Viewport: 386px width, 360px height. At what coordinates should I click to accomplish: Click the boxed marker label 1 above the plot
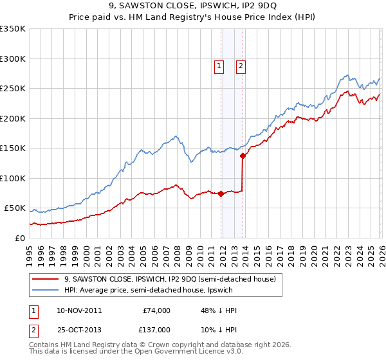(x=219, y=65)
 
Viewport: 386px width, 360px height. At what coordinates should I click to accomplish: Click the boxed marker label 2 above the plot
(x=241, y=65)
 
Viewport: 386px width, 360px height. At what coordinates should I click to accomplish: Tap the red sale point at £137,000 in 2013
(x=243, y=156)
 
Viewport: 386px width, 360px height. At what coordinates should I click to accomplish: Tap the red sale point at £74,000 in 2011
(x=221, y=194)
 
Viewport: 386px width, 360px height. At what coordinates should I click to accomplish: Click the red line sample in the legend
(x=46, y=279)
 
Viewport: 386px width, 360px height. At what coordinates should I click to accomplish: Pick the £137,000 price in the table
(x=156, y=329)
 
